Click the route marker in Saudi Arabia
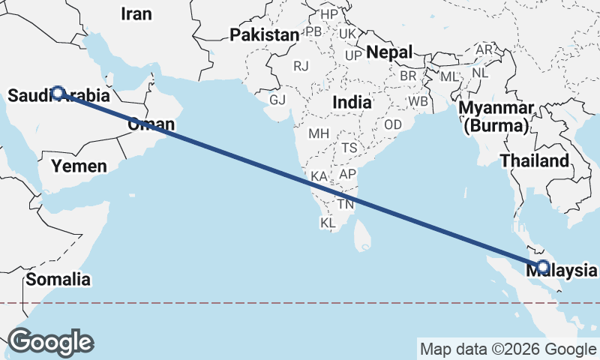click(58, 93)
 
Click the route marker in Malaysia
click(543, 266)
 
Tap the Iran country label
click(136, 13)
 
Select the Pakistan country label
click(264, 35)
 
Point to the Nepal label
click(389, 52)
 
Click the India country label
click(352, 101)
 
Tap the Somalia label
click(58, 280)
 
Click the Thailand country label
click(535, 161)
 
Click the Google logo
click(50, 342)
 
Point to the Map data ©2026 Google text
click(508, 349)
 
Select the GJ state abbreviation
click(277, 100)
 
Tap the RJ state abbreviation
click(301, 66)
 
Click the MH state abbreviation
click(319, 133)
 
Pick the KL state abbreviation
click(328, 223)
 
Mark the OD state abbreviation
click(393, 124)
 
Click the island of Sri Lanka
click(364, 234)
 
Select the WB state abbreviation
click(418, 100)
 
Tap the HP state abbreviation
click(329, 14)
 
